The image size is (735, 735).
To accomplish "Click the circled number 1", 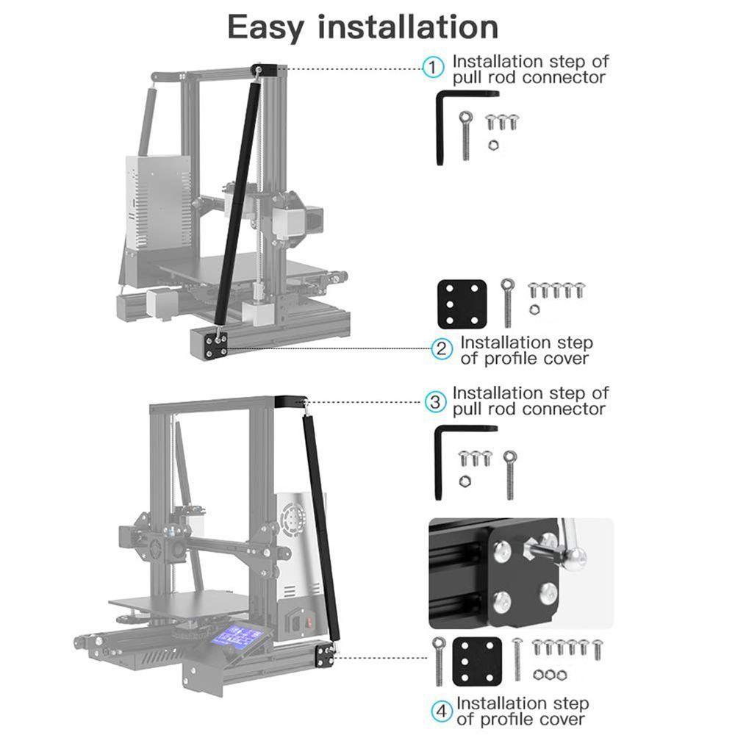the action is tap(433, 68).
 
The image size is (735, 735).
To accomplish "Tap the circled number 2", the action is tap(442, 349).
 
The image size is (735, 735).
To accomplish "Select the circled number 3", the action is tap(435, 402).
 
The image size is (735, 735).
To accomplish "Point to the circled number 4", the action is tap(442, 711).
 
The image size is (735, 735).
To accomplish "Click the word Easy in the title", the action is tap(265, 28).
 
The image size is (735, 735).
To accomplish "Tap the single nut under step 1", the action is tap(493, 146).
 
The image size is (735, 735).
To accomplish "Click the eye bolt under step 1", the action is tap(466, 135).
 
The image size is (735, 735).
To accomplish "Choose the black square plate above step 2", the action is tap(462, 304).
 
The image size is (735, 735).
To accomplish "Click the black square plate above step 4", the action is tap(477, 661).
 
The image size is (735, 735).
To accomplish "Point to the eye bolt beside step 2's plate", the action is tap(508, 302).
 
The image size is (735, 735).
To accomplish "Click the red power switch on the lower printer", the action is tap(309, 623).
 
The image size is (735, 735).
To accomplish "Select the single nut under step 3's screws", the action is tap(465, 481).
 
